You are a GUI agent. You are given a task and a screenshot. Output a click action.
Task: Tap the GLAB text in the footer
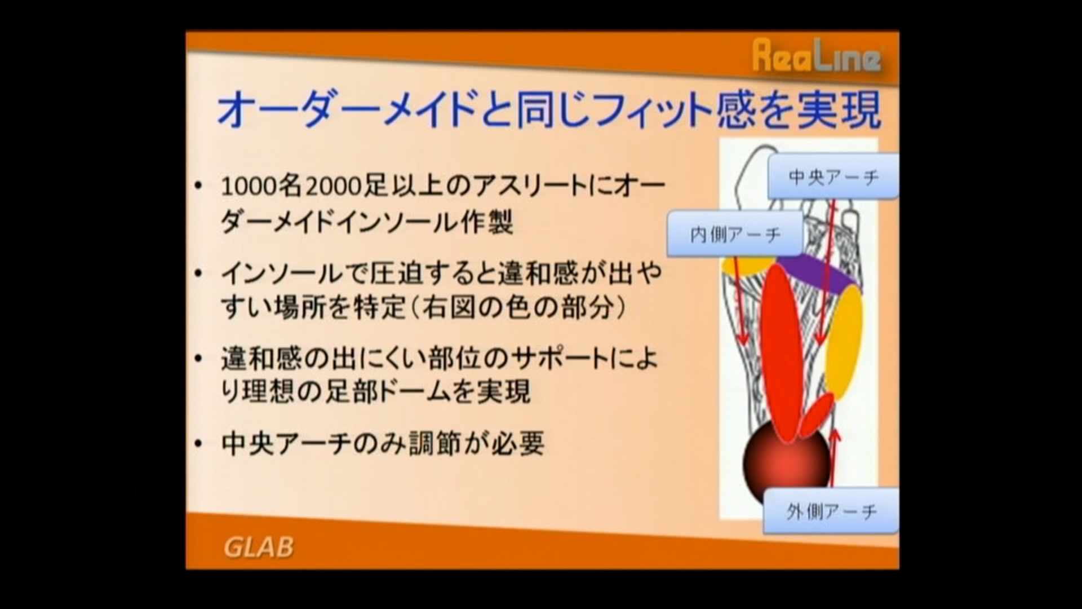[x=259, y=547]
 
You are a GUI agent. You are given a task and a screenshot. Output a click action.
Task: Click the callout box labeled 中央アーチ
[x=833, y=177]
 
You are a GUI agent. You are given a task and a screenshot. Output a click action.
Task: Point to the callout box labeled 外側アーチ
[x=831, y=511]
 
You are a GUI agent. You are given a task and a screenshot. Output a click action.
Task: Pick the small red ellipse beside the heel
[x=816, y=416]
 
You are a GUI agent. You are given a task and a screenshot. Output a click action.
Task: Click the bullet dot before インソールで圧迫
[x=197, y=273]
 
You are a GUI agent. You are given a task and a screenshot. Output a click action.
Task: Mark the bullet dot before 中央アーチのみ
[x=197, y=444]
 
